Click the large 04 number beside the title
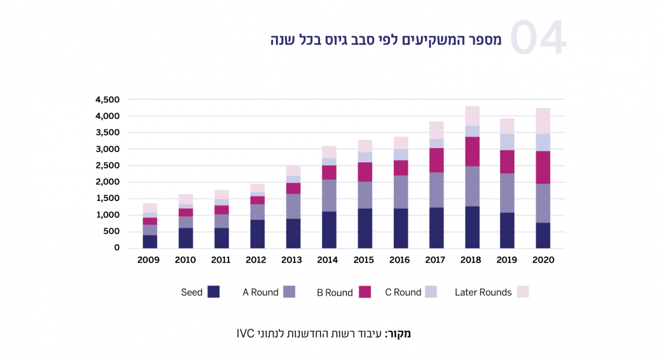(538, 39)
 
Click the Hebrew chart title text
(386, 40)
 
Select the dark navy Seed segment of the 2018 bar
(472, 227)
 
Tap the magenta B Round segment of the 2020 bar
(543, 167)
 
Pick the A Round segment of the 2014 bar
(329, 195)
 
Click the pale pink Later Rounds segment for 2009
(150, 208)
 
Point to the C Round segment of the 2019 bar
(507, 142)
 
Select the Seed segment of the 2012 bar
(257, 234)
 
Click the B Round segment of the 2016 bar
(400, 168)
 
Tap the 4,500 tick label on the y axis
(107, 100)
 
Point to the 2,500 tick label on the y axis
(107, 166)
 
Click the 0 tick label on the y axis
(116, 248)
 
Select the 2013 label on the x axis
(292, 260)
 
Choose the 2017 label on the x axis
(436, 260)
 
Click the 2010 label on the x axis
(185, 260)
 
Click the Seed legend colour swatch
(214, 292)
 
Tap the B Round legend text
(334, 293)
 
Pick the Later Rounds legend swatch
(522, 292)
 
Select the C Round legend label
(403, 293)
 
